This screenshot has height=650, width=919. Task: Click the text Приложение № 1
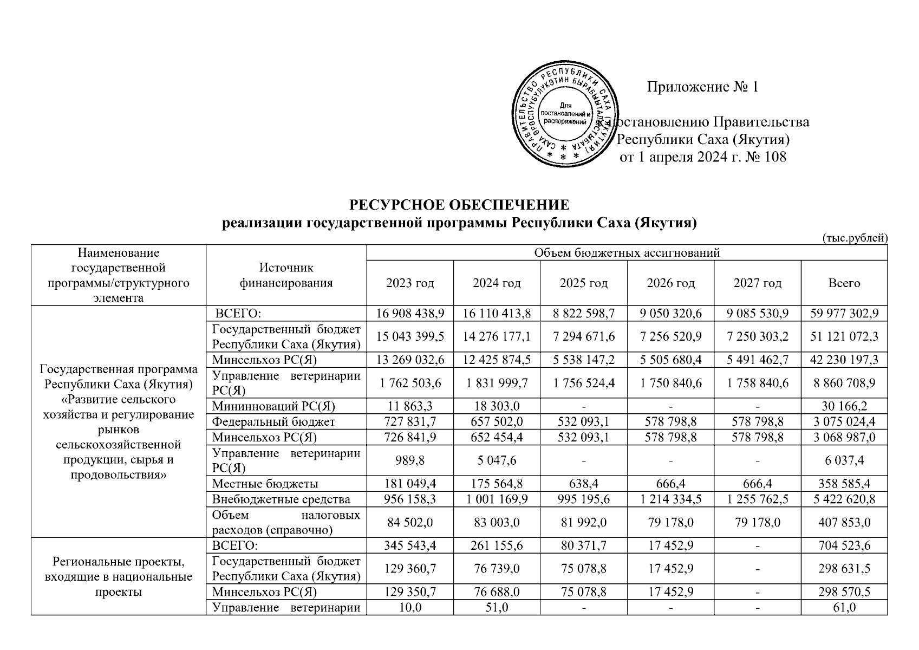click(702, 87)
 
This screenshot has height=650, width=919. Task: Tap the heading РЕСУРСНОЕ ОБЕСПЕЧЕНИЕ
click(459, 205)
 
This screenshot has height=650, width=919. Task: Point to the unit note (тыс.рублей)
click(854, 237)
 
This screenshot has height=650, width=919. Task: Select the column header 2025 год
click(583, 283)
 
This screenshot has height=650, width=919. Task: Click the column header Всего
click(844, 283)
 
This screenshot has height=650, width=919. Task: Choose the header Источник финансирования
click(286, 275)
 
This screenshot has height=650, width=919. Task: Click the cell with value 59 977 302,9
click(844, 313)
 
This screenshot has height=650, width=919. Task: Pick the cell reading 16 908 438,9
click(410, 313)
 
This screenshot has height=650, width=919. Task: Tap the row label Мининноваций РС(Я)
click(273, 406)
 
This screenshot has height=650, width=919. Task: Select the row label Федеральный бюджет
click(273, 421)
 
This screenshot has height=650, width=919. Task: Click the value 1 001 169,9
click(497, 499)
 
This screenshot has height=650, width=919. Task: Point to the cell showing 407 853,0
click(844, 522)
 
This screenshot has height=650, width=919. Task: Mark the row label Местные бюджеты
click(265, 484)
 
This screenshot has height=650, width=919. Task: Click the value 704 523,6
click(844, 545)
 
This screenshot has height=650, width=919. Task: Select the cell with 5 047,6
click(497, 460)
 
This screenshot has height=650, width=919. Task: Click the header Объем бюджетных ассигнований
click(627, 252)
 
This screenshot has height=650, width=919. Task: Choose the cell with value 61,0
click(844, 608)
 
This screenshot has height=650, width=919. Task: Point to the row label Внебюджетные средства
click(281, 499)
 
